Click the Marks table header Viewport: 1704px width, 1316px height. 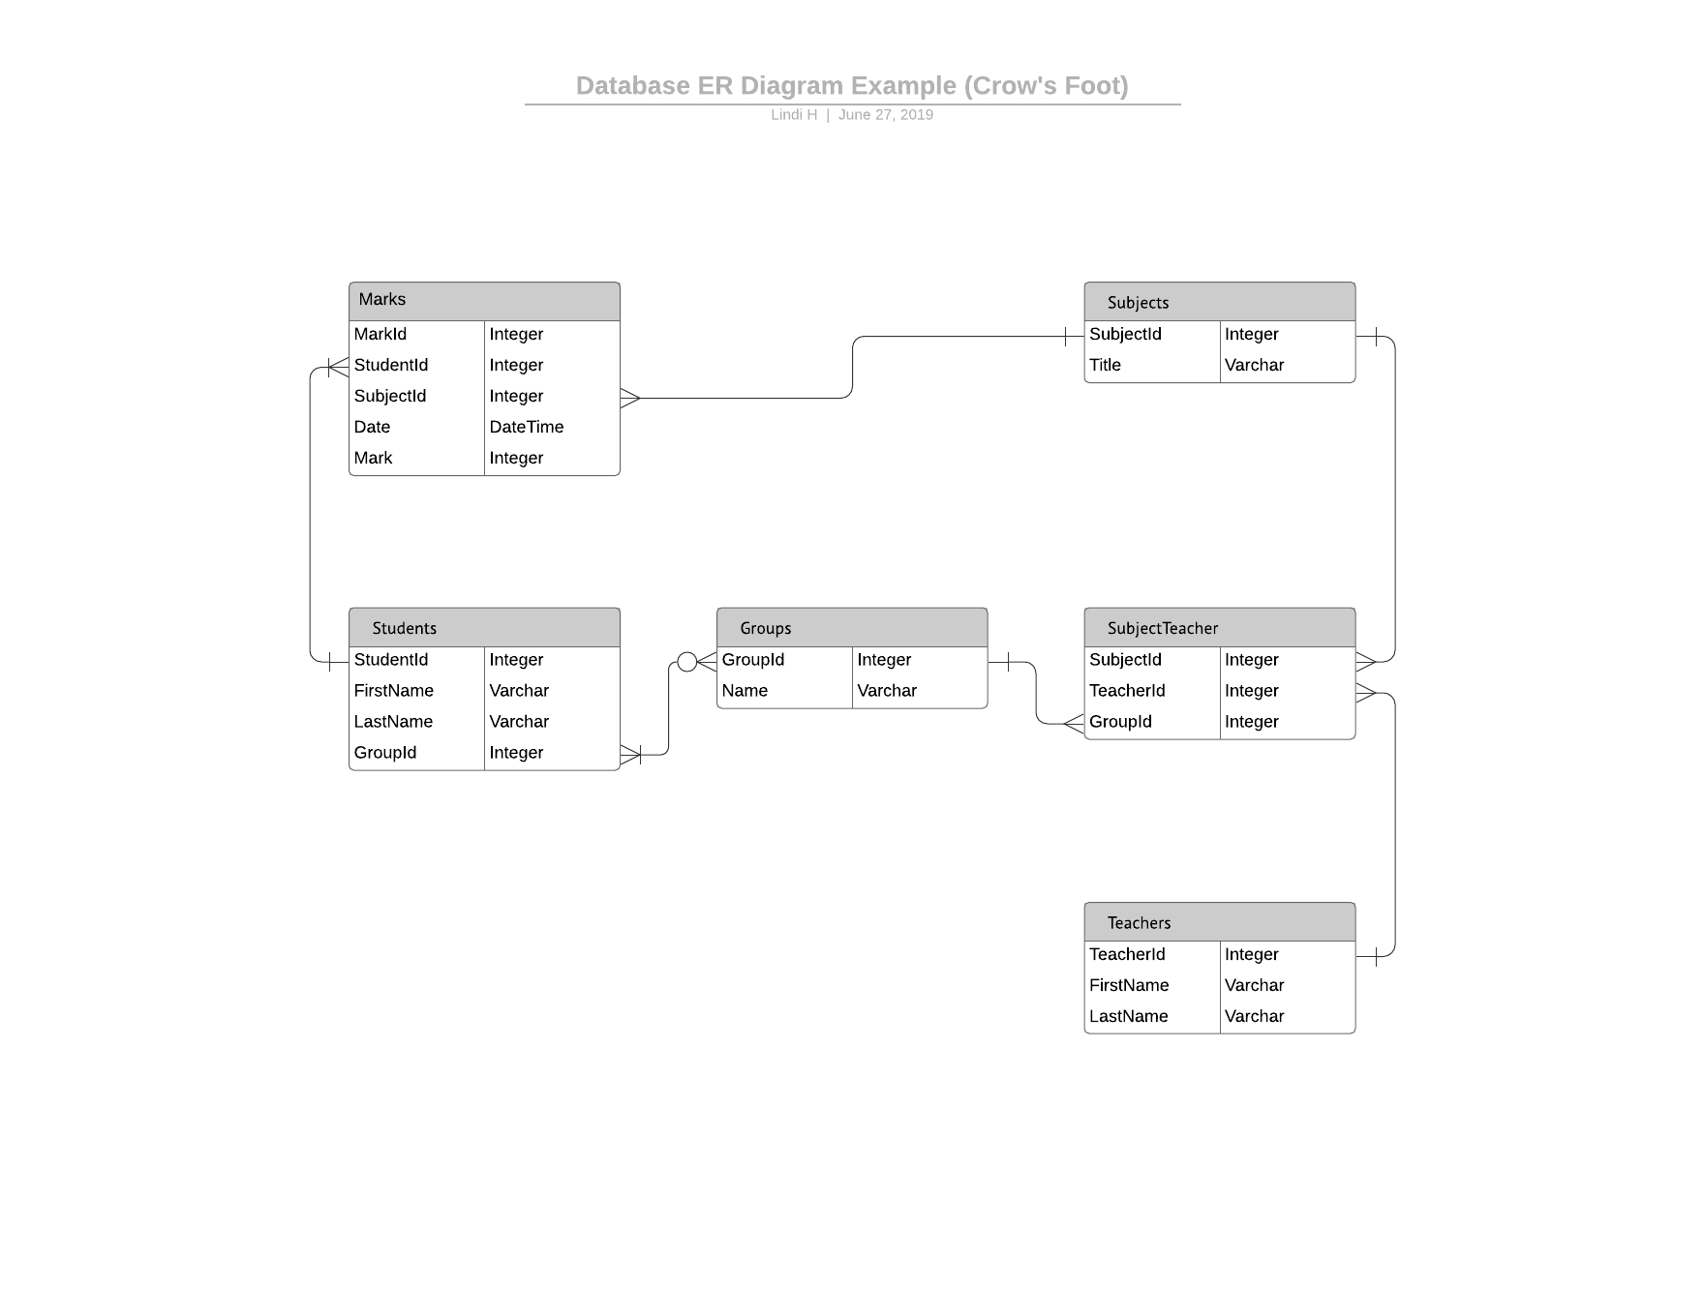pos(484,301)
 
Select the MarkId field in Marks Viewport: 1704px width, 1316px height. pos(380,334)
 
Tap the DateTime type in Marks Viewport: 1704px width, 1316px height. pos(527,427)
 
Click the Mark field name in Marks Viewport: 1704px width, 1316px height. pos(373,458)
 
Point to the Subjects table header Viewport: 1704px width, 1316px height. pos(1220,301)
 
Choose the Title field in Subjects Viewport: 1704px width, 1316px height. pos(1105,365)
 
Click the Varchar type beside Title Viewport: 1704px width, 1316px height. pos(1255,365)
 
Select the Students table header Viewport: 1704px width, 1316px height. pos(484,627)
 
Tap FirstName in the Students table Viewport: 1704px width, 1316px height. pos(394,690)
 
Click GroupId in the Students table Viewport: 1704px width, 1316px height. pos(385,752)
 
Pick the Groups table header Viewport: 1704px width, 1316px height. pos(852,627)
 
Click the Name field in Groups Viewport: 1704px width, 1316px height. pos(745,690)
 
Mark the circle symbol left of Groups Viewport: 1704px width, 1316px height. pos(686,662)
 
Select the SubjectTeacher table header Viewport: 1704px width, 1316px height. pos(1220,627)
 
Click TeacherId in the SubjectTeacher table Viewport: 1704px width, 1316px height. pos(1127,690)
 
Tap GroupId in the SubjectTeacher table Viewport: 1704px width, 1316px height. pos(1120,721)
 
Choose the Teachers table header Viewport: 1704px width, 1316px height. pos(1220,921)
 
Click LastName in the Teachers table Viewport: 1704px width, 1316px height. pos(1129,1016)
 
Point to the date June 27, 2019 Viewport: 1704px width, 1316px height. pos(886,114)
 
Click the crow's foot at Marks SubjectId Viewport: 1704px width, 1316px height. pos(630,398)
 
